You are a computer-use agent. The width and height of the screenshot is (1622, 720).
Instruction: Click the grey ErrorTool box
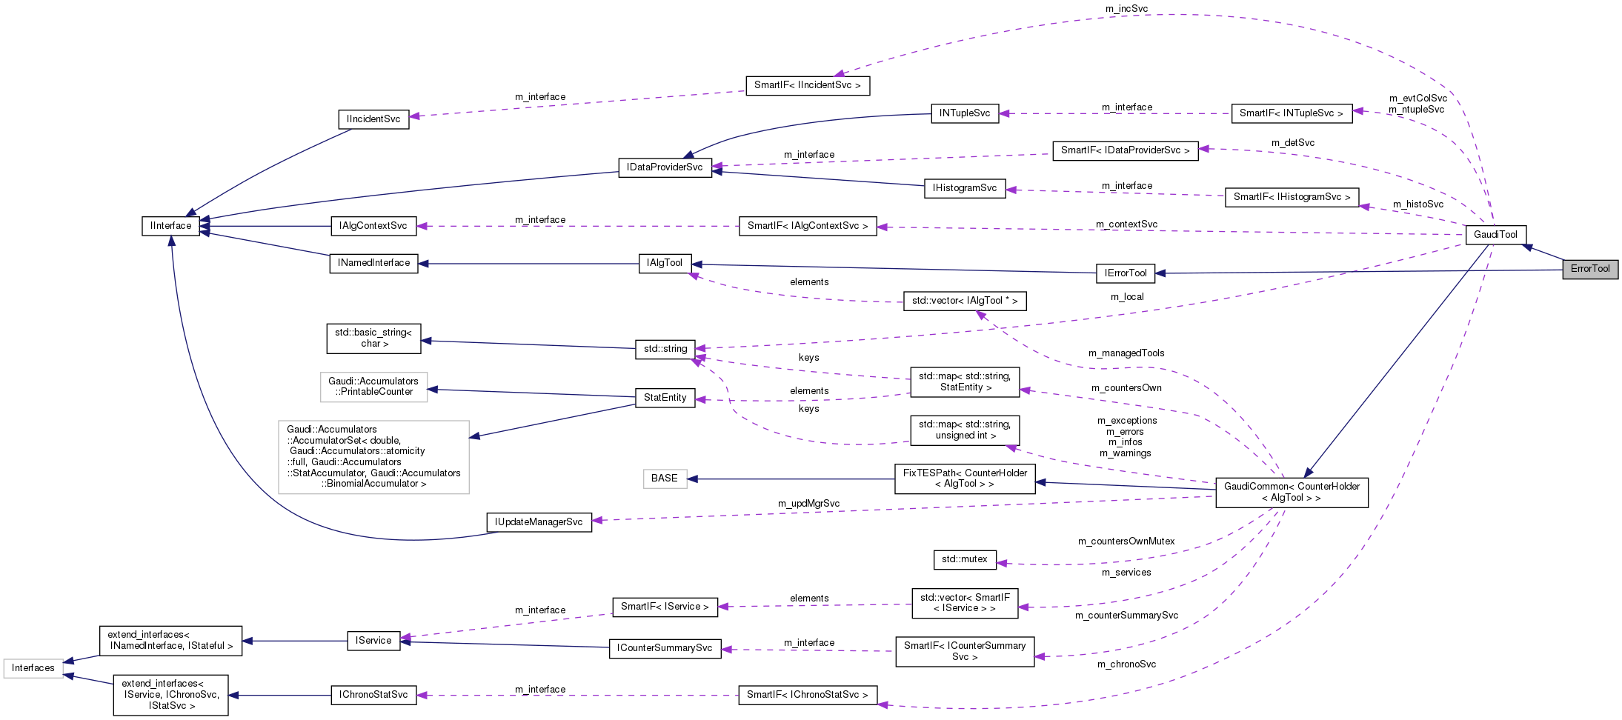coord(1590,269)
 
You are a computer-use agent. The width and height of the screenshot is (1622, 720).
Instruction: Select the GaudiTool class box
coord(1495,235)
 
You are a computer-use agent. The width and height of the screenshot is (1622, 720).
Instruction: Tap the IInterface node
coord(170,226)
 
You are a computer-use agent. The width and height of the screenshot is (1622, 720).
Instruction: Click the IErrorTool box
coord(1125,273)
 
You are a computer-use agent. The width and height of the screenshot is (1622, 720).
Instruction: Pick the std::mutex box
coord(964,559)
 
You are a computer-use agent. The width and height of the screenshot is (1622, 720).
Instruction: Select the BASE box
coord(664,479)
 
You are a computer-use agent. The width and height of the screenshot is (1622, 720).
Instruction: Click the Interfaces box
coord(33,668)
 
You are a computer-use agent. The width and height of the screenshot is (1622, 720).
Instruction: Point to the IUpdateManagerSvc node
coord(539,522)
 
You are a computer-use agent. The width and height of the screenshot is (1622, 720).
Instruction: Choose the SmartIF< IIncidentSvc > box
coord(807,85)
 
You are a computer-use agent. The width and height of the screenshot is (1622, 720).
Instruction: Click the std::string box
coord(665,349)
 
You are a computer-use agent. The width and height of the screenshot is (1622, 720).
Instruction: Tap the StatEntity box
coord(665,398)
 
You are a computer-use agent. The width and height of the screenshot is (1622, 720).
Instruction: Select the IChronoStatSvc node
coord(373,695)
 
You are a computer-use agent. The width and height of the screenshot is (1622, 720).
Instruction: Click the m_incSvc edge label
coord(1126,9)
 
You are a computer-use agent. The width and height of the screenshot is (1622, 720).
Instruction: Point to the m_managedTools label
coord(1126,353)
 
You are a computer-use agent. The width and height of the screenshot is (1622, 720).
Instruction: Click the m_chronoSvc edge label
coord(1126,664)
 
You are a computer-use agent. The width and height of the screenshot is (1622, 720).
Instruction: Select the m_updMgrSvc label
coord(808,504)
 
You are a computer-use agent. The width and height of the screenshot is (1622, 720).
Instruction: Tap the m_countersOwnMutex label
coord(1126,541)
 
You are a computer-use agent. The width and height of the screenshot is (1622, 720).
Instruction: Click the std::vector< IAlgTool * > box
coord(964,301)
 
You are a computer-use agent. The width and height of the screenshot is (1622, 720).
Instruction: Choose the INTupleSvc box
coord(964,113)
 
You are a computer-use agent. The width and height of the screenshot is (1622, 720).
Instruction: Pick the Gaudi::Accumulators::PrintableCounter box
coord(373,387)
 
